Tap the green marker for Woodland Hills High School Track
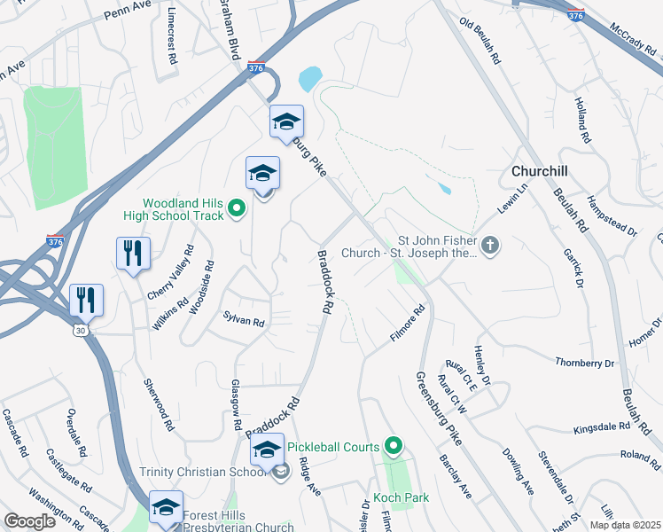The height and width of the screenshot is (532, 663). (x=237, y=208)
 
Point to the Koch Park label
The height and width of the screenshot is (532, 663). (x=401, y=497)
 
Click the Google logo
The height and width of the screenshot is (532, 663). (x=30, y=521)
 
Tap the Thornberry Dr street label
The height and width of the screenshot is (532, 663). (x=584, y=363)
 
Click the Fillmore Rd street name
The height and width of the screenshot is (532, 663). (x=408, y=325)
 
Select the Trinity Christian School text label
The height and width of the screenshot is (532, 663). (x=204, y=472)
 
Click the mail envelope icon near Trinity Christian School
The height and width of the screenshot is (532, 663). (x=281, y=472)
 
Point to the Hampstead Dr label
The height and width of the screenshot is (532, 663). (x=612, y=217)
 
